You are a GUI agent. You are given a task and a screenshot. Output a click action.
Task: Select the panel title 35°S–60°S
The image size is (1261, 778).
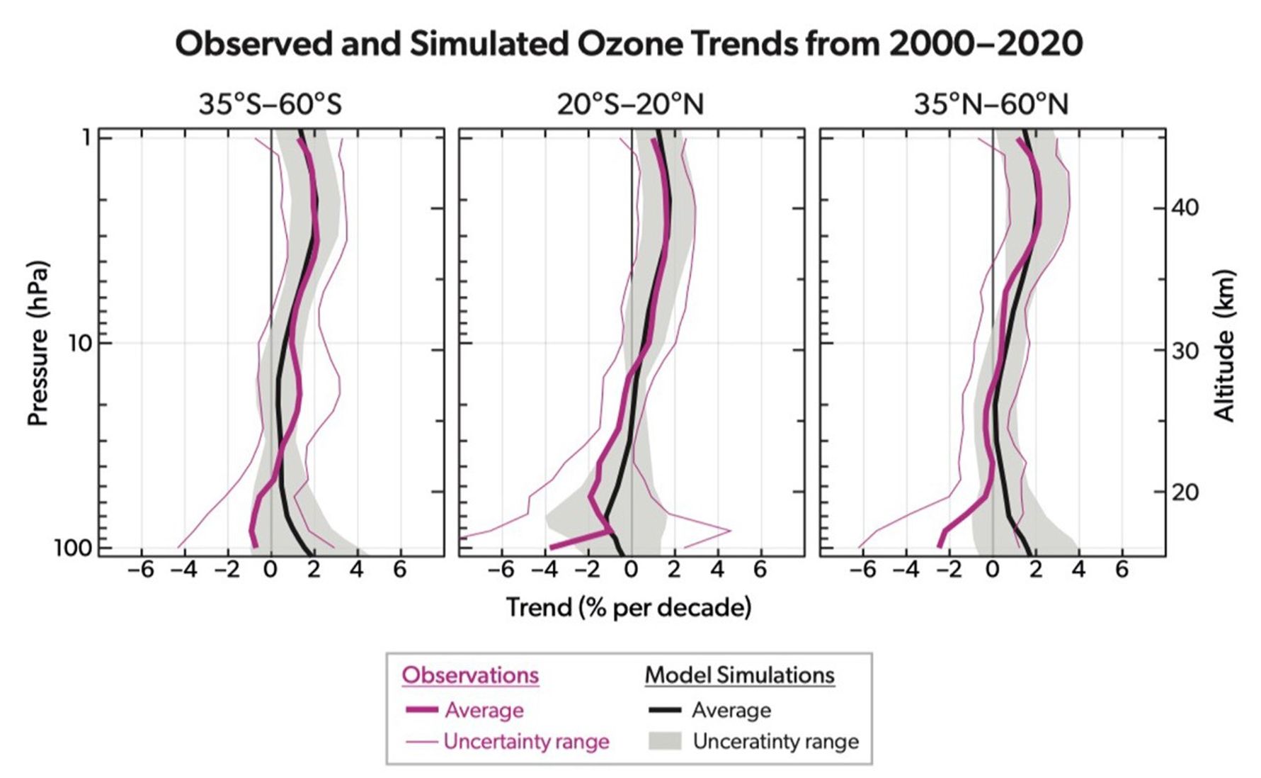click(x=270, y=105)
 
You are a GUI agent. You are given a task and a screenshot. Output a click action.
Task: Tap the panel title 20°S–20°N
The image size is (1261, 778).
click(x=630, y=105)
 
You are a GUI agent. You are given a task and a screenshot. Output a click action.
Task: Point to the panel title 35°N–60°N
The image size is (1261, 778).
click(x=991, y=105)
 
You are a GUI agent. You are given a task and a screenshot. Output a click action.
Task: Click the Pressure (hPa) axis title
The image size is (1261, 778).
click(x=38, y=344)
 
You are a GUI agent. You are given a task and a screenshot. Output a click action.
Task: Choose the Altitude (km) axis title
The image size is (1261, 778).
click(x=1224, y=346)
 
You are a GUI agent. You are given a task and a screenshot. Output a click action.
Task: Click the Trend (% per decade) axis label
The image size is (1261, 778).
click(x=629, y=607)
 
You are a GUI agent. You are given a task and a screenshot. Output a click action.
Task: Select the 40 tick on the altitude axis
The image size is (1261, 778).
click(x=1185, y=208)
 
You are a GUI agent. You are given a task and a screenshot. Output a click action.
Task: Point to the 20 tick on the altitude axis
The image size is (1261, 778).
click(x=1185, y=492)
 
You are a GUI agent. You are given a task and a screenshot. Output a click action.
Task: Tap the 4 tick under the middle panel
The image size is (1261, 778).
click(x=717, y=570)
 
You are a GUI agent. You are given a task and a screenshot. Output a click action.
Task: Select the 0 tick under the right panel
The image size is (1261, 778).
click(x=993, y=570)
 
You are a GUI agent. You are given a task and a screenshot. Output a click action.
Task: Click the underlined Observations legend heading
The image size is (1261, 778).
click(x=470, y=675)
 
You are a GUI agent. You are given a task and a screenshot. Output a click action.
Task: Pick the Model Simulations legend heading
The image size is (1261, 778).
click(x=739, y=675)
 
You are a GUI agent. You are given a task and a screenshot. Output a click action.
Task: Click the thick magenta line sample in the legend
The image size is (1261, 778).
click(x=421, y=710)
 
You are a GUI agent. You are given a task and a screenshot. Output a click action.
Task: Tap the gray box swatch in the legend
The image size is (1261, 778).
click(x=665, y=741)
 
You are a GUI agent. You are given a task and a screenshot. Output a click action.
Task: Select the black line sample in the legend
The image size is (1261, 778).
click(x=665, y=710)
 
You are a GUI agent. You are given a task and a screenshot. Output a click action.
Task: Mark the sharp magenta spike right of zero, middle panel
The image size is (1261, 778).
click(x=729, y=530)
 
